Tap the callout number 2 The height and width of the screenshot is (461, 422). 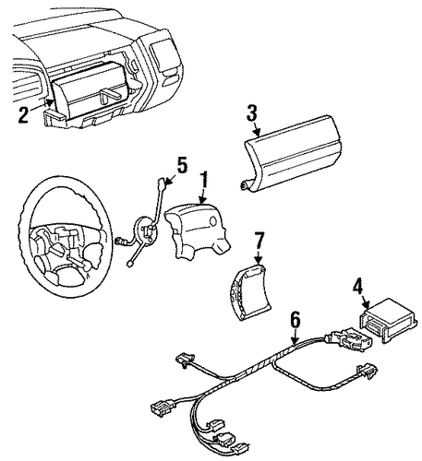pos(24,114)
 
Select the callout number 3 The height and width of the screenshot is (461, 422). pos(251,112)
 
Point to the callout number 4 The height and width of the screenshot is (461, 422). pos(357,287)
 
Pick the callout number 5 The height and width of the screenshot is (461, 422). pos(182,165)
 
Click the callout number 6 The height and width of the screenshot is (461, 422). pos(295,320)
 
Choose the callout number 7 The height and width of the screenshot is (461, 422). pos(259,241)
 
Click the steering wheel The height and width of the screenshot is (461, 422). pos(64,236)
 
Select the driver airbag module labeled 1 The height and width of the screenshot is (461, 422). pos(197,230)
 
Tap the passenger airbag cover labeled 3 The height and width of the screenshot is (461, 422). pos(290,154)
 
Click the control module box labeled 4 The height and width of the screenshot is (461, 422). pos(389,320)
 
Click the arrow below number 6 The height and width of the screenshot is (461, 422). pos(295,336)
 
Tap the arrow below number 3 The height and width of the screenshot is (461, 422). pos(257,128)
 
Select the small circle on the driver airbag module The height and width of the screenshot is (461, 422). pos(213,220)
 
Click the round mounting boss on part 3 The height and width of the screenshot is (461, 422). pos(245,185)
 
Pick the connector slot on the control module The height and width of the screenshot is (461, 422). pos(374,324)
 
